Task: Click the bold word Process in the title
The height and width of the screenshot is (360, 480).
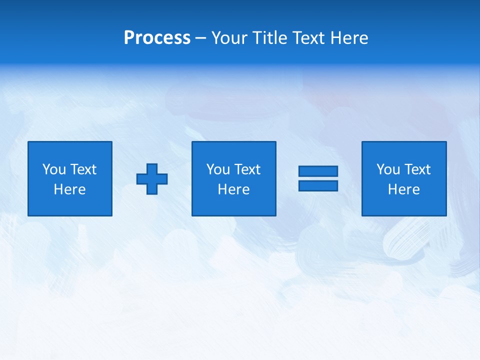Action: pos(157,38)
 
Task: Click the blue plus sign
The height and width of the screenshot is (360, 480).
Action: pos(152,179)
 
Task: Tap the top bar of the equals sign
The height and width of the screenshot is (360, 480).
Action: pos(318,171)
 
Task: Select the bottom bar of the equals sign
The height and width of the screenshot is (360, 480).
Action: pos(318,185)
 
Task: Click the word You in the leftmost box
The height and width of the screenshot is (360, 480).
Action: pos(54,169)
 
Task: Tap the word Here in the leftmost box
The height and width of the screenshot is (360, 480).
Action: pos(69,189)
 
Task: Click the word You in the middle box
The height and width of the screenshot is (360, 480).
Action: pos(218,169)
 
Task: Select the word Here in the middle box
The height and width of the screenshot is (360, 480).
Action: pos(233,189)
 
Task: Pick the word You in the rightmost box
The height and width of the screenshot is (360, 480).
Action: pos(388,169)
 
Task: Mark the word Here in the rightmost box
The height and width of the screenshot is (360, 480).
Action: pos(403,189)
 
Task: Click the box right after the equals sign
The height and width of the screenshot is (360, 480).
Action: pos(404,205)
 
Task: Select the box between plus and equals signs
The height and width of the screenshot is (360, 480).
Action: pos(234,205)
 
